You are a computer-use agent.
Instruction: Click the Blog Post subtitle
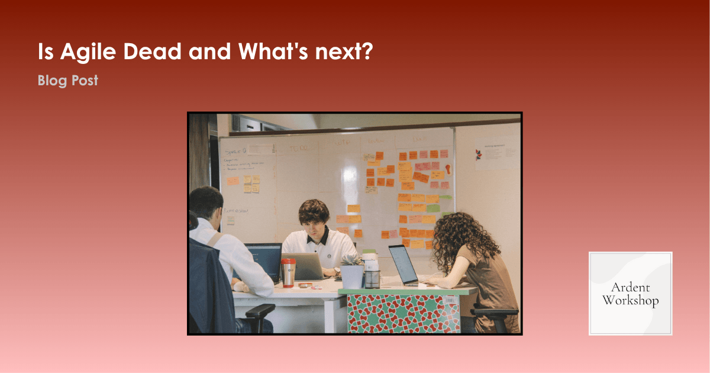point(67,81)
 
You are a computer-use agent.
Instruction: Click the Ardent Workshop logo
point(630,293)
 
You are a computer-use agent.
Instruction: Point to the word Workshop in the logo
point(630,301)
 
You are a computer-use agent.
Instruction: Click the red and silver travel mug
point(288,272)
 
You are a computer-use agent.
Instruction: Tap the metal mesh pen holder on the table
point(372,277)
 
